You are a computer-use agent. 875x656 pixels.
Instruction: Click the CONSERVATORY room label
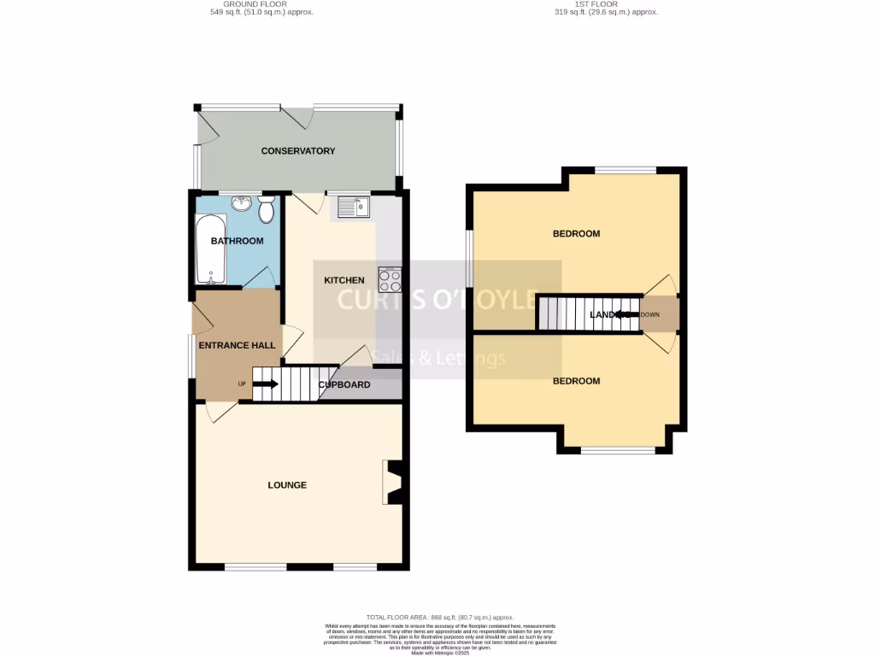pos(297,151)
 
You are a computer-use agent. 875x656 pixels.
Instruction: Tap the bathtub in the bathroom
pos(209,249)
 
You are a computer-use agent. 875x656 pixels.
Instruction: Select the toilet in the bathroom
pos(266,208)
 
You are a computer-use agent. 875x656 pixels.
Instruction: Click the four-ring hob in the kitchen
pos(390,280)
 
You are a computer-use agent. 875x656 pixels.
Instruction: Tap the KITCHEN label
pos(344,280)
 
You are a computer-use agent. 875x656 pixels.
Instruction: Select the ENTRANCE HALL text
pos(237,346)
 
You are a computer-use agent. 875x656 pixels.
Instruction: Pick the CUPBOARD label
pos(344,384)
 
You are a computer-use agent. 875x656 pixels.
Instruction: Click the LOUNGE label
pos(287,485)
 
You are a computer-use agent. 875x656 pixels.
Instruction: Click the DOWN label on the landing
pos(650,314)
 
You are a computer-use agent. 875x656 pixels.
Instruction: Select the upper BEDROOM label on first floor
pos(576,233)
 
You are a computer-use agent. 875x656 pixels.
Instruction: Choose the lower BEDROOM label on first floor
pos(576,381)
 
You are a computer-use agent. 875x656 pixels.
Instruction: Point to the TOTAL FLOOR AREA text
pos(439,617)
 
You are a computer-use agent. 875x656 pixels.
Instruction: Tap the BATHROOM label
pos(238,241)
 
